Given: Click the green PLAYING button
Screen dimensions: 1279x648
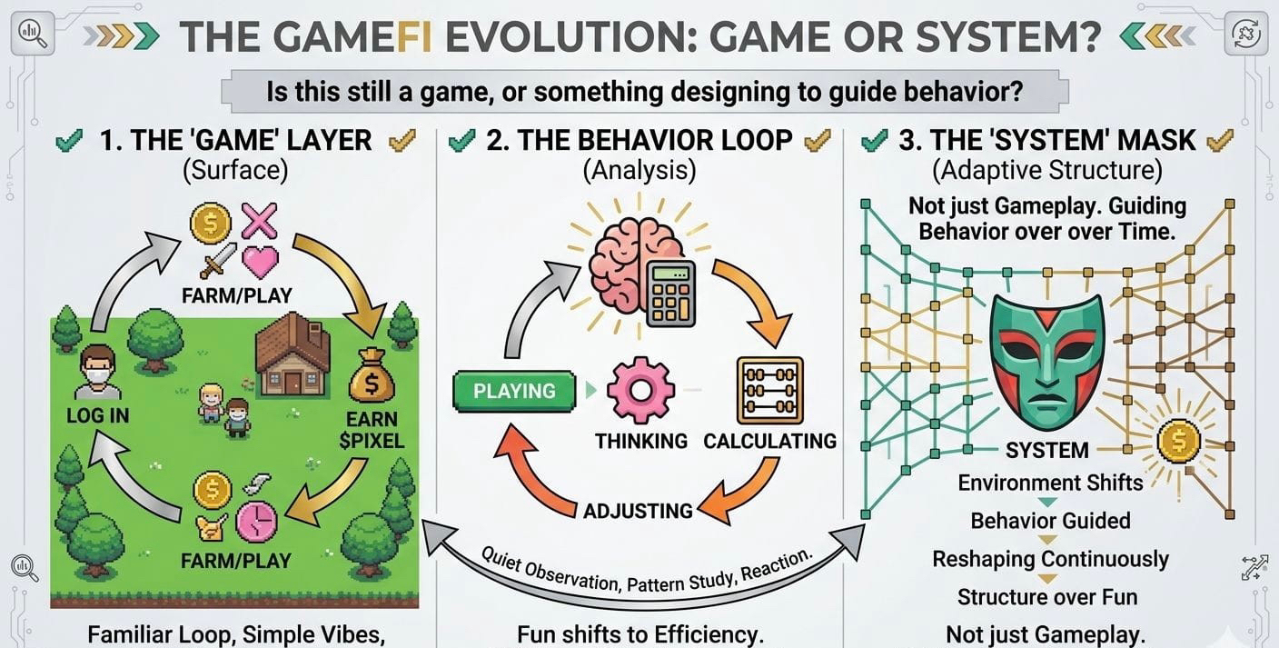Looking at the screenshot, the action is coord(515,392).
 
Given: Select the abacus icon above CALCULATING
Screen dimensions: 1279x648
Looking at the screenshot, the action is coord(769,391).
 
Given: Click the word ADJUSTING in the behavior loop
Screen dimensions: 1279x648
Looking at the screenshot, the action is coord(638,510).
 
